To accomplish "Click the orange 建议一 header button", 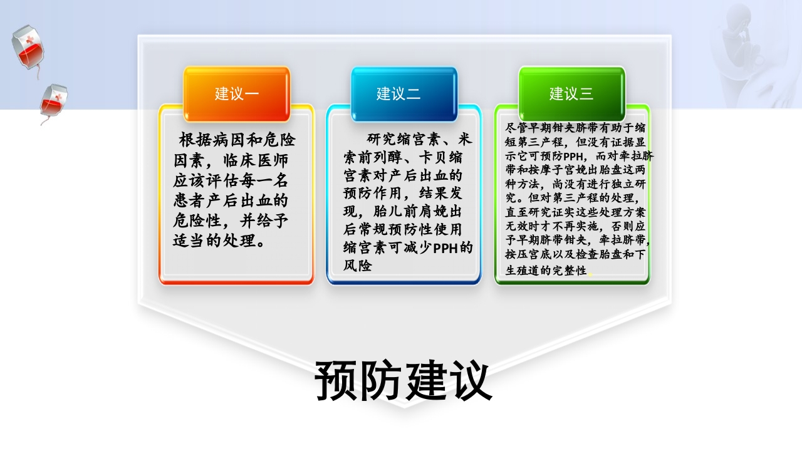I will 236,94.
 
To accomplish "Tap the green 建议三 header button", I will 571,94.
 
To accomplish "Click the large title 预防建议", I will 403,381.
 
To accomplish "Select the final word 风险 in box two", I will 358,266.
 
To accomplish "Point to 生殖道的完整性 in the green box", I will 546,271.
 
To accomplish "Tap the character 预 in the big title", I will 337,381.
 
